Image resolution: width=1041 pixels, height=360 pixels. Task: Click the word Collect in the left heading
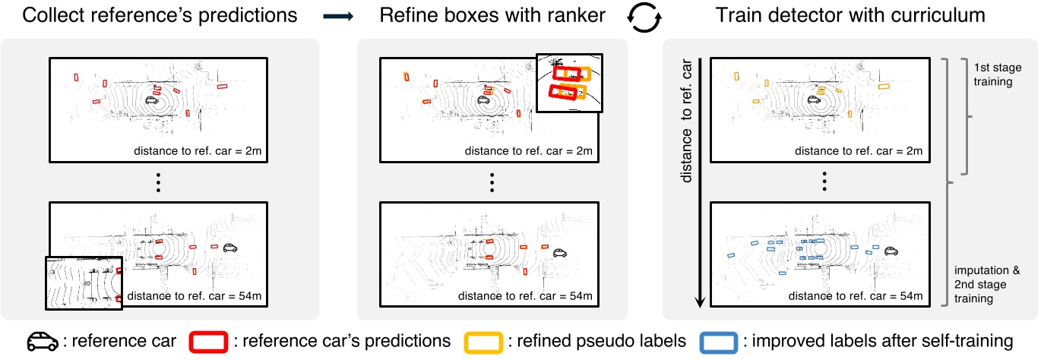(x=51, y=15)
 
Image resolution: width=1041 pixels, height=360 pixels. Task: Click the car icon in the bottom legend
(x=43, y=342)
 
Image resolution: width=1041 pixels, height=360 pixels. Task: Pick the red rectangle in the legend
(x=204, y=342)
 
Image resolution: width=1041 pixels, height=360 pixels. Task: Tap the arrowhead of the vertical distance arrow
(x=700, y=303)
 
